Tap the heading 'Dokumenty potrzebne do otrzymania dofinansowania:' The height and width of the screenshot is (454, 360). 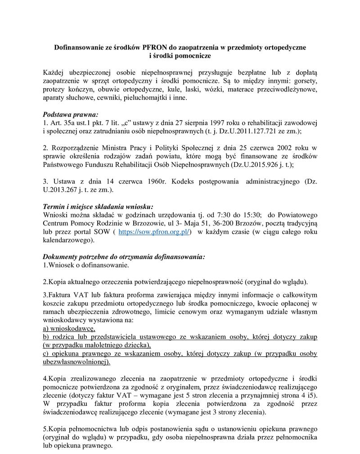pyautogui.click(x=123, y=256)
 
